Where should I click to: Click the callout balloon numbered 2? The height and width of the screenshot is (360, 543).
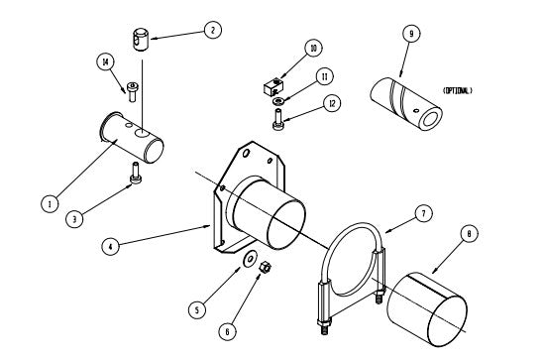(213, 30)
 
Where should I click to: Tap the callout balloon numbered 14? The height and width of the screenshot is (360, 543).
(105, 62)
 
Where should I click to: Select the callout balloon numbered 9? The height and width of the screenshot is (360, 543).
(411, 34)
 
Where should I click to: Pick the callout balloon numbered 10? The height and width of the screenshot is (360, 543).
(313, 49)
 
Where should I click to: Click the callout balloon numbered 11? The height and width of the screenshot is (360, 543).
(324, 76)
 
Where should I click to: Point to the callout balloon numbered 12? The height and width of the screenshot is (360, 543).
(332, 103)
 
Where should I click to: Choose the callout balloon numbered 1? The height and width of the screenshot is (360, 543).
(50, 203)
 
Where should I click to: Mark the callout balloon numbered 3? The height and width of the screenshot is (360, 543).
(74, 219)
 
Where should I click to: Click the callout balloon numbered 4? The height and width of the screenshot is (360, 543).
(110, 247)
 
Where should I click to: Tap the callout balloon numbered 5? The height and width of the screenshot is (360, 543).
(197, 309)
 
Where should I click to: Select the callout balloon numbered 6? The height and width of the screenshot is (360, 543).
(227, 332)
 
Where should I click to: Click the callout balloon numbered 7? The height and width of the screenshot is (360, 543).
(423, 214)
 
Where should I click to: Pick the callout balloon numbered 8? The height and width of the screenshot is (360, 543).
(470, 234)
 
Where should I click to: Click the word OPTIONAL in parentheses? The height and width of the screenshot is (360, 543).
(458, 91)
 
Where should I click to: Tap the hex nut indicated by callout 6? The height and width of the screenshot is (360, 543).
(266, 267)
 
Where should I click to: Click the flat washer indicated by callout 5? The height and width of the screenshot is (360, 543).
(250, 258)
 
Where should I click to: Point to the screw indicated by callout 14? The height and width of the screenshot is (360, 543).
(132, 91)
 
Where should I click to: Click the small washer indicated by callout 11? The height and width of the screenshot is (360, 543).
(278, 101)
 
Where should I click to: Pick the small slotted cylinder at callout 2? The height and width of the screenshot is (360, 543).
(141, 40)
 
